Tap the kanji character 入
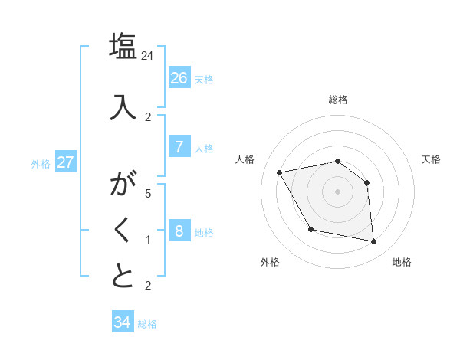(123, 106)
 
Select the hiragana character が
(123, 185)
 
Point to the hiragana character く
(123, 230)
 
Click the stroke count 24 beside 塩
(148, 56)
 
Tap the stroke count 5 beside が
(148, 194)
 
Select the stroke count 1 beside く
(148, 240)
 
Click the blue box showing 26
(179, 78)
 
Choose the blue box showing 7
(179, 147)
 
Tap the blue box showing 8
(179, 231)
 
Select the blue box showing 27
(65, 162)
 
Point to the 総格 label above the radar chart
(338, 100)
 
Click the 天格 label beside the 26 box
(204, 80)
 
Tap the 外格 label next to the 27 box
(41, 163)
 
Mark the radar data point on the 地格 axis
(373, 242)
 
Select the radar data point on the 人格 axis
(280, 172)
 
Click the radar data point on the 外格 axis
(310, 229)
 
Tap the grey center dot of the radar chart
(337, 191)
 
